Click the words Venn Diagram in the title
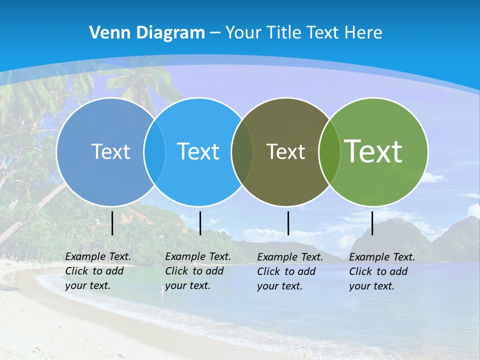pyautogui.click(x=147, y=33)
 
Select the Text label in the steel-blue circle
pyautogui.click(x=110, y=151)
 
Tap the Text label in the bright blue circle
pyautogui.click(x=198, y=151)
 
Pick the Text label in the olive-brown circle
pyautogui.click(x=285, y=151)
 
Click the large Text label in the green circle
pyautogui.click(x=373, y=151)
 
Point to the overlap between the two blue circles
pyautogui.click(x=154, y=151)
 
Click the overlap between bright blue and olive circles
pyautogui.click(x=242, y=151)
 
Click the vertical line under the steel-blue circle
pyautogui.click(x=112, y=223)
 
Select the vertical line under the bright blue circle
pyautogui.click(x=200, y=223)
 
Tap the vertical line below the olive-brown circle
pyautogui.click(x=288, y=223)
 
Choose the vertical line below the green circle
pyautogui.click(x=372, y=223)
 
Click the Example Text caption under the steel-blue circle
pyautogui.click(x=97, y=271)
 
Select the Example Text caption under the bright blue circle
pyautogui.click(x=197, y=271)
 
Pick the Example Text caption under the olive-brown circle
pyautogui.click(x=289, y=271)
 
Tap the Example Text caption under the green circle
pyautogui.click(x=381, y=271)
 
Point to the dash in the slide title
pyautogui.click(x=215, y=33)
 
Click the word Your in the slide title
pyautogui.click(x=243, y=33)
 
